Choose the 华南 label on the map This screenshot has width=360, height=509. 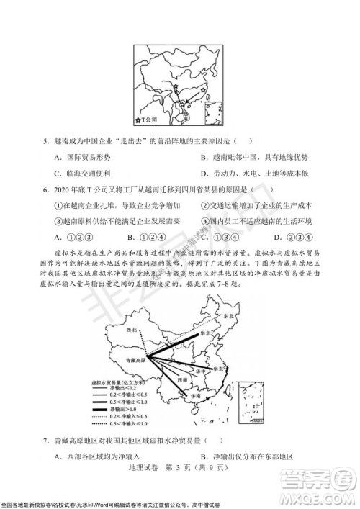(x=196, y=396)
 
